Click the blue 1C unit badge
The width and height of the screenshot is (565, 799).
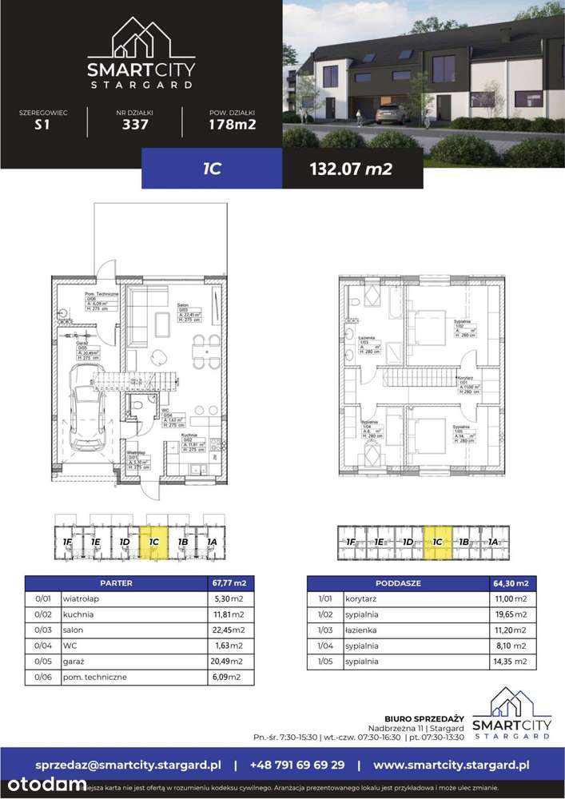click(x=211, y=168)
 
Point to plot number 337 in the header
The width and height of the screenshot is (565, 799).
click(x=133, y=124)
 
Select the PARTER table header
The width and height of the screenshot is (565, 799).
click(x=117, y=582)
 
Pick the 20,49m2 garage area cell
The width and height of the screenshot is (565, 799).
click(x=231, y=662)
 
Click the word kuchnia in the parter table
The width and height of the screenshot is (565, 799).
click(x=81, y=614)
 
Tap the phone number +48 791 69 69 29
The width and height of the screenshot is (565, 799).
click(x=297, y=765)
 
